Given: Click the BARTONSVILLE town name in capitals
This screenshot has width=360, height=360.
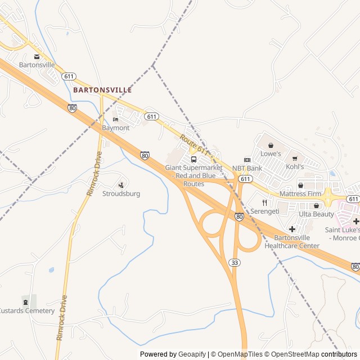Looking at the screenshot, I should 102,90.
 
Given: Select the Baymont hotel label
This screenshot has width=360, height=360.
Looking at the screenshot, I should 116,128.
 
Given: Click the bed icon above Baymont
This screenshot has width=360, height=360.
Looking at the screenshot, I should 116,119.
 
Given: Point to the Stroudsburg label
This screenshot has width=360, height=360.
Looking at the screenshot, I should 121,193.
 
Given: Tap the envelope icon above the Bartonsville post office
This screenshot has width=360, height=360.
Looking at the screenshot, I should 37,56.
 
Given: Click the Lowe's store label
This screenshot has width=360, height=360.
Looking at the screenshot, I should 271,154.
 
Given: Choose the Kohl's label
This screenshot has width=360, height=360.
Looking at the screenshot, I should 295,167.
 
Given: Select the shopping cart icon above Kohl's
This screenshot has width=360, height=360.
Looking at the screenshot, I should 295,159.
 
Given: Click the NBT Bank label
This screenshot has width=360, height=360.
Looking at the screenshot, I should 247,168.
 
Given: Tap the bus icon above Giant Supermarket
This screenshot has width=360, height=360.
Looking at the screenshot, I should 194,159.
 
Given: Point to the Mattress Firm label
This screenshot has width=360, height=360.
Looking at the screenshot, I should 300,194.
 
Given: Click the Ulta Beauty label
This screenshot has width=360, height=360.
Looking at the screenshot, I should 316,214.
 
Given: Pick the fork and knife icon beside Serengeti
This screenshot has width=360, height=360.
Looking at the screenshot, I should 264,203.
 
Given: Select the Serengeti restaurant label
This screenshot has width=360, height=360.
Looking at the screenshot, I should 265,211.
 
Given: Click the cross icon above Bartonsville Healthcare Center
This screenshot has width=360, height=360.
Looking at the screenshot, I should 292,229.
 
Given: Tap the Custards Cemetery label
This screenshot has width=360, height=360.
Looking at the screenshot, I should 26,310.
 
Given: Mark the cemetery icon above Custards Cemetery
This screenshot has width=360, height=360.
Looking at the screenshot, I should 25,302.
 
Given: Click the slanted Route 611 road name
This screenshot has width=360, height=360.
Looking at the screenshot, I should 195,145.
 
